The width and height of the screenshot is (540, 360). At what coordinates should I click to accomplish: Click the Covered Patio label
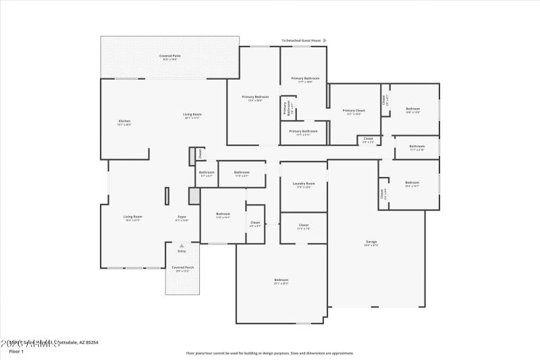pyautogui.click(x=169, y=56)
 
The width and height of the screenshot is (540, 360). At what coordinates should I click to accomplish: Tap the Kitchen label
pyautogui.click(x=124, y=122)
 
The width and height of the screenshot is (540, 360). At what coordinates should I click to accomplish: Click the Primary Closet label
pyautogui.click(x=354, y=111)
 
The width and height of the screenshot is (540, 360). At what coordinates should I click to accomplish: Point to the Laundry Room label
pyautogui.click(x=304, y=184)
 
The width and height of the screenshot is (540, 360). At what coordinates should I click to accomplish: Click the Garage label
pyautogui.click(x=371, y=242)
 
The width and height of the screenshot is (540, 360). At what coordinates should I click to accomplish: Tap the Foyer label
pyautogui.click(x=182, y=217)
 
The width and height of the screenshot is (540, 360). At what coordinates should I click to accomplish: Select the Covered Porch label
pyautogui.click(x=182, y=268)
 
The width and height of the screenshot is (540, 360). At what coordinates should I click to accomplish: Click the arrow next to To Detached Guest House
pyautogui.click(x=325, y=41)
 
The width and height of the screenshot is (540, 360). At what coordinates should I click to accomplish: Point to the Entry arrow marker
pyautogui.click(x=182, y=246)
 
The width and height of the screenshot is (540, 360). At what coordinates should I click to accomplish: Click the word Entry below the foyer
pyautogui.click(x=182, y=251)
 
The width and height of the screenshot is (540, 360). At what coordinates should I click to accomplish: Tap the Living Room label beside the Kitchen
pyautogui.click(x=192, y=115)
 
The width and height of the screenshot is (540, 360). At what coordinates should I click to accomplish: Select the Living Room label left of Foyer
pyautogui.click(x=133, y=217)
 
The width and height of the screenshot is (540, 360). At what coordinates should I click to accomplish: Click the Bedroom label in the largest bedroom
pyautogui.click(x=281, y=280)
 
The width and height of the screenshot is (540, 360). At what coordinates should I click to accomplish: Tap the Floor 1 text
pyautogui.click(x=16, y=351)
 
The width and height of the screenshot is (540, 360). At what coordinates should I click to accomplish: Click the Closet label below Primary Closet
pyautogui.click(x=368, y=139)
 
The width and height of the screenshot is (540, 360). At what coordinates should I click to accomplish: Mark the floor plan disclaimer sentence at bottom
pyautogui.click(x=269, y=353)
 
